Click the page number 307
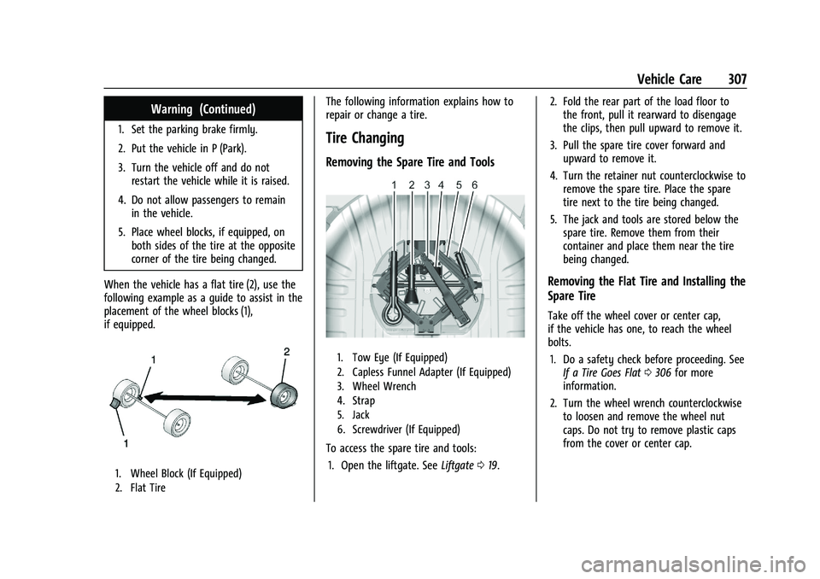[734, 79]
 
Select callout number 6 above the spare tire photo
[474, 184]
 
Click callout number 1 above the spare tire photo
[394, 184]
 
